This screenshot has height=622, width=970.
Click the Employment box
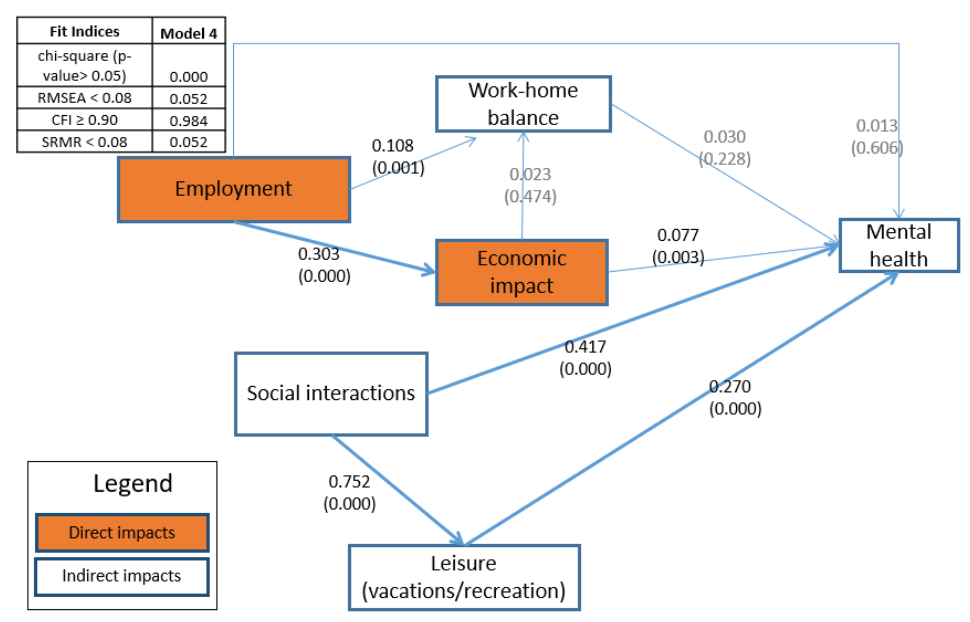coord(233,189)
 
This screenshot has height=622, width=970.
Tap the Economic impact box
coord(521,272)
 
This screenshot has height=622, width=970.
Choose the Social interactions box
coord(331,394)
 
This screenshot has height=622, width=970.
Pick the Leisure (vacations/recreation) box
coord(464,577)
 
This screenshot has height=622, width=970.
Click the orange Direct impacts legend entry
coord(122,532)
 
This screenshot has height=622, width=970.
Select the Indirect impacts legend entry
coord(122,576)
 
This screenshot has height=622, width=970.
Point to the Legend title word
coord(133,483)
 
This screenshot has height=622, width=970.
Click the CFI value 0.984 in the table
coord(188,120)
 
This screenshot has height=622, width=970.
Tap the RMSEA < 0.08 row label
coord(84,98)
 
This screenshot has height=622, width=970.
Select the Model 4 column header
coord(189,33)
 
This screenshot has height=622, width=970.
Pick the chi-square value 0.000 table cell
coord(188,76)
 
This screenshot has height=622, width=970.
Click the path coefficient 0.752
coord(349,482)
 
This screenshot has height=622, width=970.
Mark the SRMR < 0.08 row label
coord(84,142)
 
